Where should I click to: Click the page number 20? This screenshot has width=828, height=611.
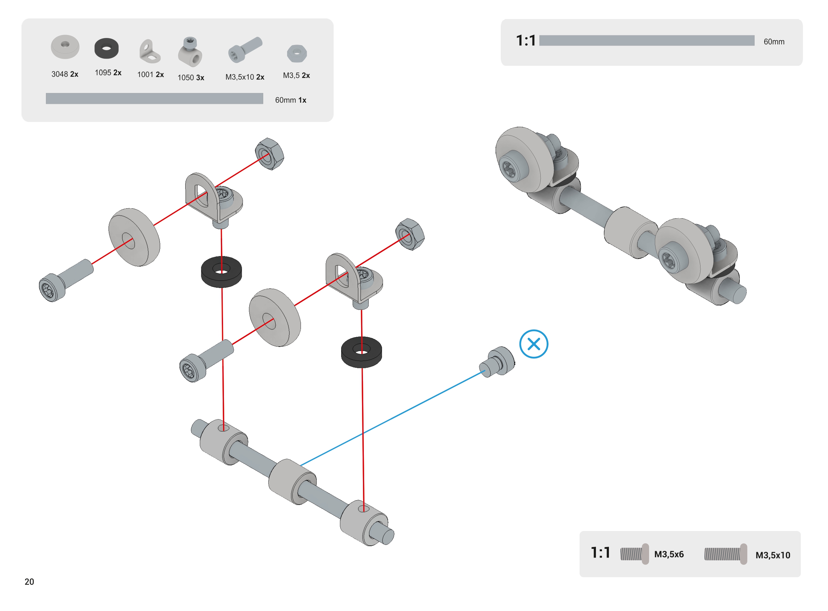[x=29, y=581]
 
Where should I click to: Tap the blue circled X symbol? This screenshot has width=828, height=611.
[x=533, y=344]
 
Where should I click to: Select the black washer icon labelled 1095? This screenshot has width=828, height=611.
[x=106, y=48]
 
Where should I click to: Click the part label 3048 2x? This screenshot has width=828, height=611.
[x=65, y=74]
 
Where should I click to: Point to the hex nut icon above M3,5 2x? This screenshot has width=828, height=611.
[x=296, y=54]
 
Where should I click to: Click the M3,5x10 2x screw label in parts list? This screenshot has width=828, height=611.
[x=245, y=77]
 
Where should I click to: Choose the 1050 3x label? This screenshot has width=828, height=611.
[x=191, y=77]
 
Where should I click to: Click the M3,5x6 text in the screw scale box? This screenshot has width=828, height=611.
[x=668, y=554]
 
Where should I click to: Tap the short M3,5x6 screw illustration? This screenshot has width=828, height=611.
[x=634, y=554]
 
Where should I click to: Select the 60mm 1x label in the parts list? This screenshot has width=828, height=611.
[x=291, y=100]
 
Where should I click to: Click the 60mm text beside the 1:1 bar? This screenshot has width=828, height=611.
[x=774, y=41]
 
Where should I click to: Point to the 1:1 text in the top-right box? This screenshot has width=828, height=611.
[x=526, y=40]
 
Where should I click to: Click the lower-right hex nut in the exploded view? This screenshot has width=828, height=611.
[x=409, y=234]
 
